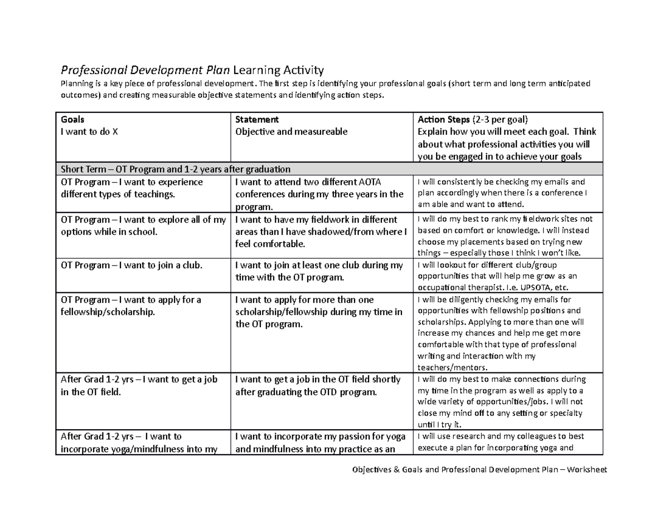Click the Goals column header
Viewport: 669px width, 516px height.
point(73,120)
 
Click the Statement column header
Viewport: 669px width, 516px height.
point(257,120)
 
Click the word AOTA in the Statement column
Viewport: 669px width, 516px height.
point(369,182)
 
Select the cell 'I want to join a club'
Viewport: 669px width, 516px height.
point(131,266)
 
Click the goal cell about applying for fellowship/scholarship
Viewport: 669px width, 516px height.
point(131,306)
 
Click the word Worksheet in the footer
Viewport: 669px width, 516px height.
point(587,470)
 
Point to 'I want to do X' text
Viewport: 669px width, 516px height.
point(89,132)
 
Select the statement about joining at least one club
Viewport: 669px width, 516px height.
point(319,271)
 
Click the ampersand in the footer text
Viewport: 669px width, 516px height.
point(396,470)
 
